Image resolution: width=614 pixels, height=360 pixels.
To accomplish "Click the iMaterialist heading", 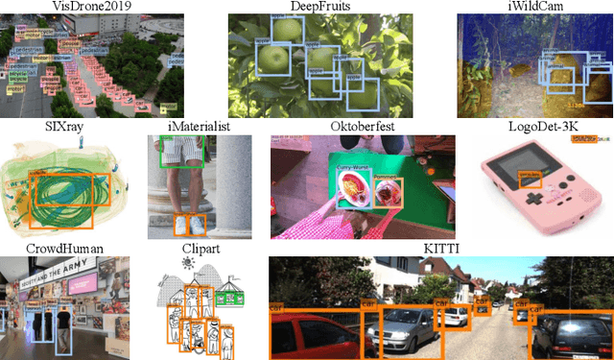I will (x=198, y=126).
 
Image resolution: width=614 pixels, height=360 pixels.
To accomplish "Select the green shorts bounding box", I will (x=181, y=150).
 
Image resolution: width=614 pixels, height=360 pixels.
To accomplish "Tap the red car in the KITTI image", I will (x=310, y=331).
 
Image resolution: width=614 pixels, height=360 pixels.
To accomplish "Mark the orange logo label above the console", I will (x=581, y=139).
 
